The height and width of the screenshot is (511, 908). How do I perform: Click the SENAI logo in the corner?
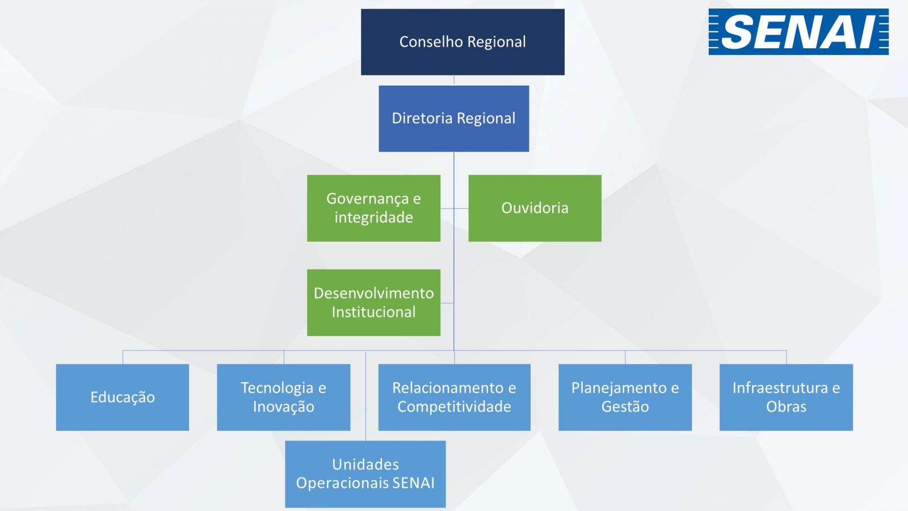[798, 32]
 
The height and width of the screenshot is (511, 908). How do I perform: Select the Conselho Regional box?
[463, 42]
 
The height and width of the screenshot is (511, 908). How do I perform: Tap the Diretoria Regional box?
[454, 119]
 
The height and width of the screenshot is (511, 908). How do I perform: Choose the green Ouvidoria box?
[535, 208]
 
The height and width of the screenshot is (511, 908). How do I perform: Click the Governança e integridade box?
[374, 208]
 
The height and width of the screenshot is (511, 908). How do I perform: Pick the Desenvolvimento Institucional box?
[374, 303]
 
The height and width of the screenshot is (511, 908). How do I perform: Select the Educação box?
[123, 397]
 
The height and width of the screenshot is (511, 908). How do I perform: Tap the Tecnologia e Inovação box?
[284, 397]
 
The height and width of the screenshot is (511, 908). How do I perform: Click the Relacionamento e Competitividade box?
[455, 397]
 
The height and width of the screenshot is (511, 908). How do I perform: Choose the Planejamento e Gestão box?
[625, 397]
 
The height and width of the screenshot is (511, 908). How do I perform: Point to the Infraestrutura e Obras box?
[787, 397]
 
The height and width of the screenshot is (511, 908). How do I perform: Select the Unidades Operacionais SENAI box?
[365, 474]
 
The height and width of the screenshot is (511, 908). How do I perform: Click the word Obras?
[787, 407]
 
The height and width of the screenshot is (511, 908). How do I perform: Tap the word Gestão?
[625, 407]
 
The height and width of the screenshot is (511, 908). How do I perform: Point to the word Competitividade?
[455, 407]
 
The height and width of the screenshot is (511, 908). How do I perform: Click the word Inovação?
[284, 407]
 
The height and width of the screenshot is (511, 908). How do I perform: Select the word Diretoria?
[422, 119]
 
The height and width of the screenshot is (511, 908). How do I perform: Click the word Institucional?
[374, 312]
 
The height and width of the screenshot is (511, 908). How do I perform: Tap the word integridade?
[374, 218]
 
